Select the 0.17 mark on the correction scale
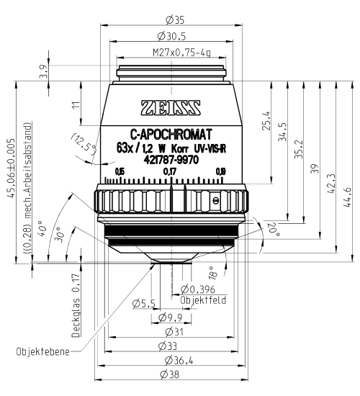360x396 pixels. tap(170, 171)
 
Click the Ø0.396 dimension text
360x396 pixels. tap(199, 289)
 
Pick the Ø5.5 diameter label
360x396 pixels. tap(144, 304)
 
